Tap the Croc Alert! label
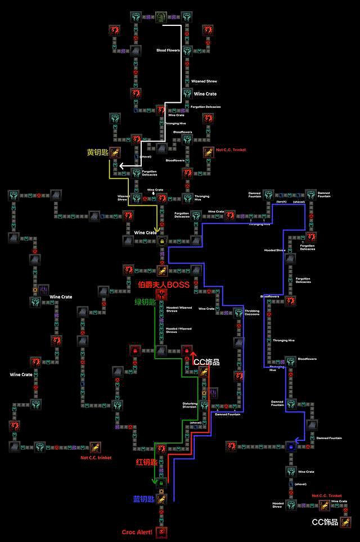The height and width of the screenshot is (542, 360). tap(137, 532)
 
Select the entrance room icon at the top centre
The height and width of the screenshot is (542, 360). tap(161, 17)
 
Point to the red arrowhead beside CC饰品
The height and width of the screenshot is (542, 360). tap(193, 355)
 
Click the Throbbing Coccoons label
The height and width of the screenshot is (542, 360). tap(252, 313)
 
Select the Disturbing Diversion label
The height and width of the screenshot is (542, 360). tap(190, 405)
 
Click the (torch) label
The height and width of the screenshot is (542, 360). tap(281, 201)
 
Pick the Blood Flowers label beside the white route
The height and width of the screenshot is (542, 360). tap(168, 51)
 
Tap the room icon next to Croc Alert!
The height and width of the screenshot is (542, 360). tap(161, 531)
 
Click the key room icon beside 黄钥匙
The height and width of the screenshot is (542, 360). tap(115, 151)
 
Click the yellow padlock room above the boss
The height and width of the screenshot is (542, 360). tap(161, 241)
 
